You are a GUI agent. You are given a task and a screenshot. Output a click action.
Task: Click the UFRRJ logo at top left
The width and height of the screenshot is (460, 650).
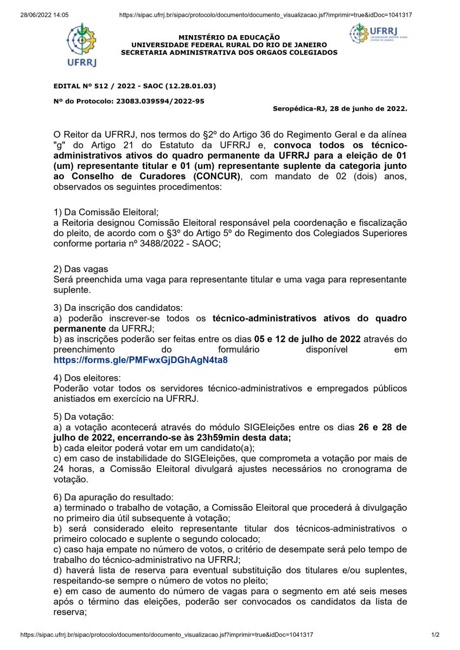81,44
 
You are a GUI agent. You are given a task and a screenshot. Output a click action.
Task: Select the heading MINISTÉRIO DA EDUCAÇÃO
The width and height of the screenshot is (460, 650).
229,37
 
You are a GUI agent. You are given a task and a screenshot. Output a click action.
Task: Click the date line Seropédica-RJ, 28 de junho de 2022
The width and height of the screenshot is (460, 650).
340,108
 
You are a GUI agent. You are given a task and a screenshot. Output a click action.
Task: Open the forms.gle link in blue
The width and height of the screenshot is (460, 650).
140,360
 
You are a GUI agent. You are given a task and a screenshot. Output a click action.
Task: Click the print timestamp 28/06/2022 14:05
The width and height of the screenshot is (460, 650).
44,15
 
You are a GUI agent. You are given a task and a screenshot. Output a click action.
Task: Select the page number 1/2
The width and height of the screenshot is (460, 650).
435,634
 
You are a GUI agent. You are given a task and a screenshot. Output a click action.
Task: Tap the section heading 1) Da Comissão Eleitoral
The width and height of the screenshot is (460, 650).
106,212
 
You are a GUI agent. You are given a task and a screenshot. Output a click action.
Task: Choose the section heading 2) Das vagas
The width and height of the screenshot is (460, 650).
81,269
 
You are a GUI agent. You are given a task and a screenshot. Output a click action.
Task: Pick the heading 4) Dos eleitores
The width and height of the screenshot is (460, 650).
87,377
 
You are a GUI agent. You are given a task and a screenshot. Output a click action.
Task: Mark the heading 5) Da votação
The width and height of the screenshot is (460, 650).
84,417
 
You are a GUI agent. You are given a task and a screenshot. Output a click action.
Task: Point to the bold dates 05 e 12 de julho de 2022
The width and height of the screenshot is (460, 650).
308,339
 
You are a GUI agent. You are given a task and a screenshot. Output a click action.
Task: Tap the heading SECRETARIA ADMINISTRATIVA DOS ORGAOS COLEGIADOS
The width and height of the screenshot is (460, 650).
229,53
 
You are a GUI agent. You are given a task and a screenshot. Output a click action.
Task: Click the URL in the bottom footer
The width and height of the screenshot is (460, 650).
167,634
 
